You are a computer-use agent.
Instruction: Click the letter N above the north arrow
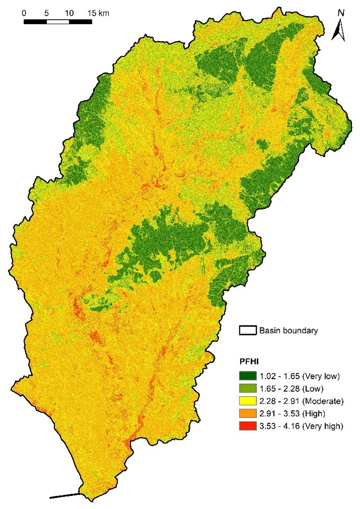pos(341,13)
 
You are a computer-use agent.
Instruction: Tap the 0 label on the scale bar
pos(24,12)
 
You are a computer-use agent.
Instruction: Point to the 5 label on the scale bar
pos(46,12)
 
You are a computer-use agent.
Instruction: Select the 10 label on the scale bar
pos(69,12)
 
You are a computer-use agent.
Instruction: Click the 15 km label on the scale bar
pos(97,12)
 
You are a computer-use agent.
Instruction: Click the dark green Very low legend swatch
pos(248,376)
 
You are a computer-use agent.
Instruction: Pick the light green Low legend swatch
pos(248,389)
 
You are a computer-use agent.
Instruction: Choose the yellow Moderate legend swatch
pos(248,401)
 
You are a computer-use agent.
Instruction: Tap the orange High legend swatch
pos(248,414)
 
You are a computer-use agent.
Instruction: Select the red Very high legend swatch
pos(248,426)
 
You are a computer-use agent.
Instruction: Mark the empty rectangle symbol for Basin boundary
pos(248,331)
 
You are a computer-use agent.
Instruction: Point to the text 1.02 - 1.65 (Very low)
pos(300,376)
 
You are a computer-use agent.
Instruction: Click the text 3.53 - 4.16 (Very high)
pos(301,426)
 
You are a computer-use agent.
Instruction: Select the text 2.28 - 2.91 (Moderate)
pos(301,401)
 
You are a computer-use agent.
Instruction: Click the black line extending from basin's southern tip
pos(64,496)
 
